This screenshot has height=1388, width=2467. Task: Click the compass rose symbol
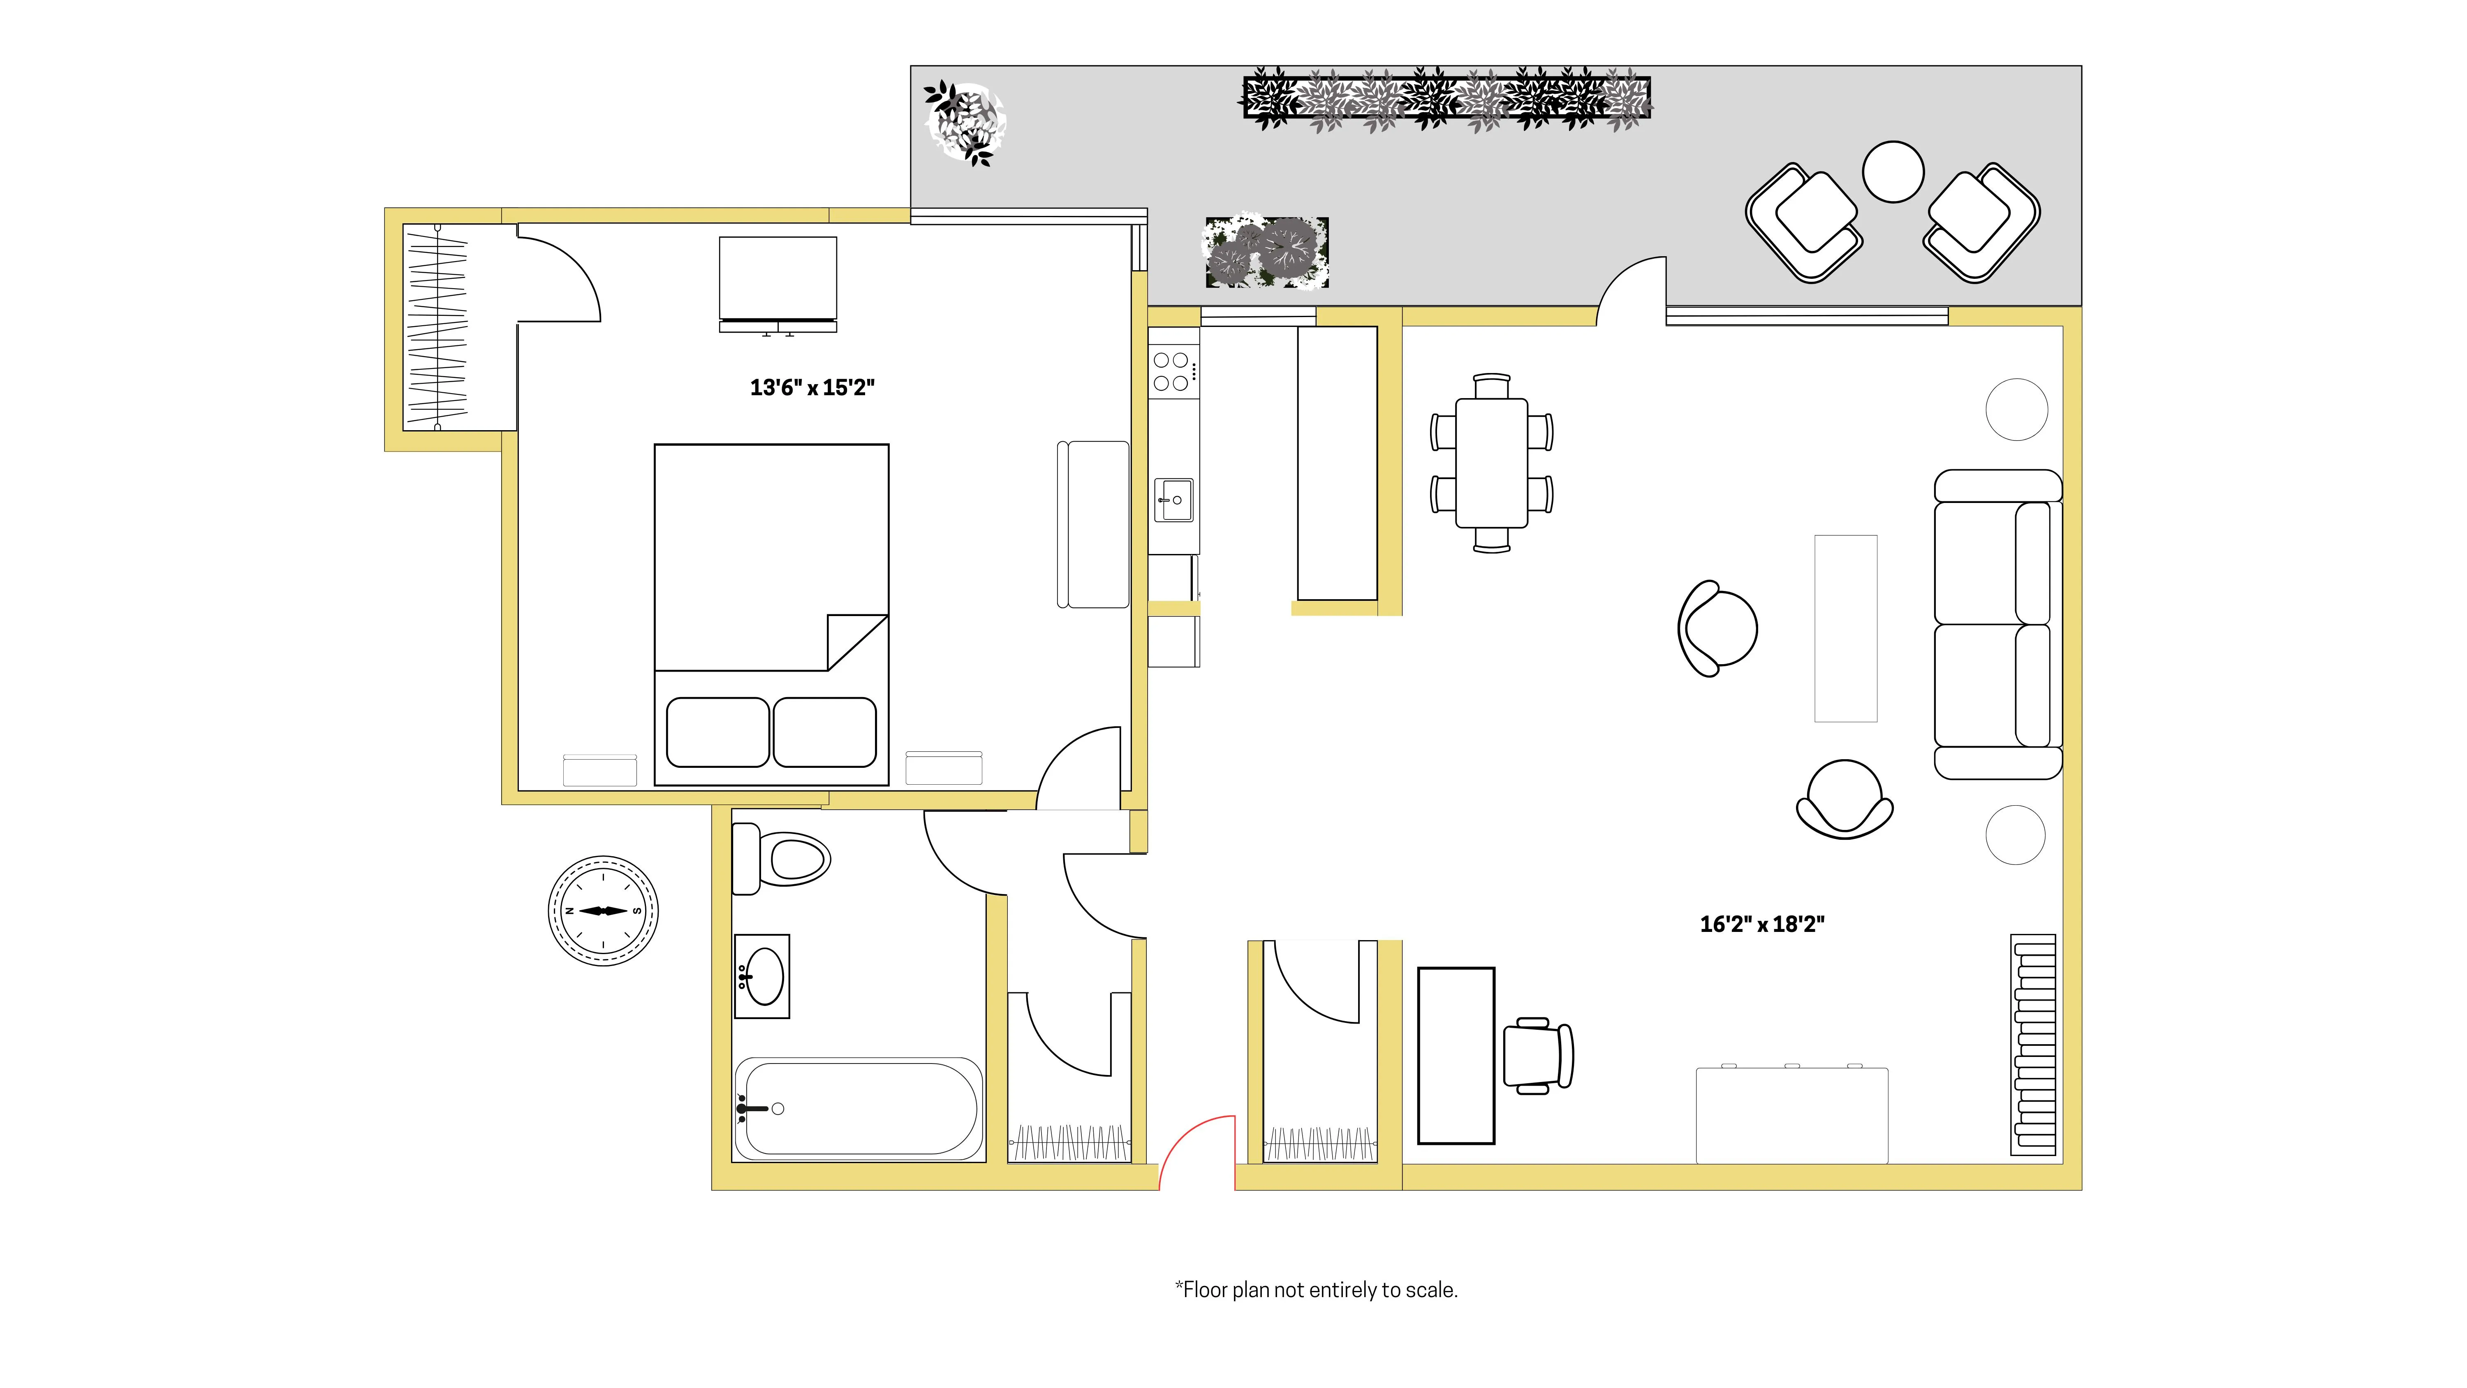602,910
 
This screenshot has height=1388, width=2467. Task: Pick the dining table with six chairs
1491,463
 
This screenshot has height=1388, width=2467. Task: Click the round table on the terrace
1892,171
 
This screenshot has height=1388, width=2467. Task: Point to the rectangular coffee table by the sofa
1845,628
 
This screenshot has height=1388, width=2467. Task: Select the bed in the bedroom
771,614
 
